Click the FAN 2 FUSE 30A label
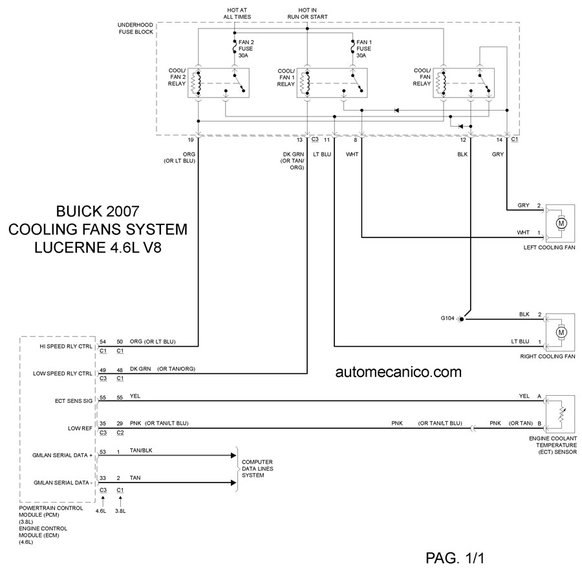pyautogui.click(x=245, y=49)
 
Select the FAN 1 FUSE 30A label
pyautogui.click(x=363, y=49)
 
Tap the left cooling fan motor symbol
pyautogui.click(x=561, y=223)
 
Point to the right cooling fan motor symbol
pyautogui.click(x=561, y=332)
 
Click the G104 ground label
pyautogui.click(x=449, y=319)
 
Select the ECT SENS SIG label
pyautogui.click(x=74, y=401)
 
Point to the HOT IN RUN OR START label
pyautogui.click(x=307, y=13)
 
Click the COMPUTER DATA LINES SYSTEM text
pyautogui.click(x=257, y=468)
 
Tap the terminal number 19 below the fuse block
pyautogui.click(x=191, y=140)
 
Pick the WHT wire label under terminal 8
pyautogui.click(x=352, y=154)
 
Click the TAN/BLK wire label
pyautogui.click(x=142, y=451)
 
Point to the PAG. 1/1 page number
pyautogui.click(x=462, y=557)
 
